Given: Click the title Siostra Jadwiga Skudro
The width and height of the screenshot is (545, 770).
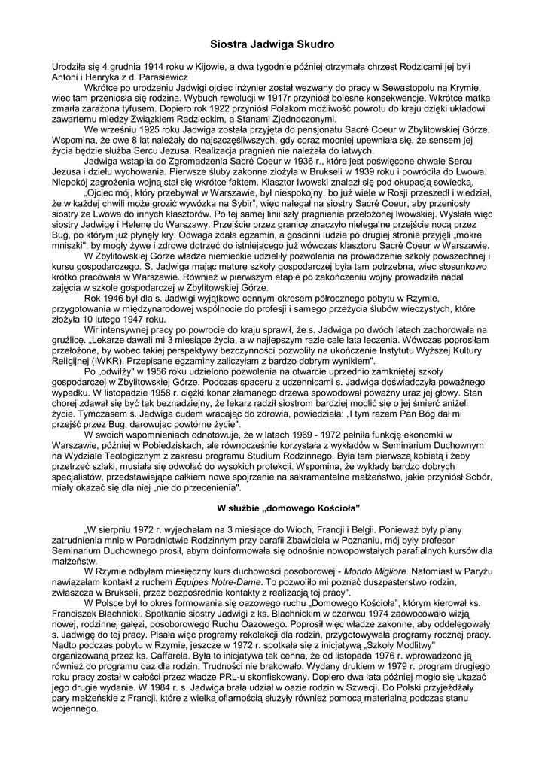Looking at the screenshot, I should click(x=272, y=46).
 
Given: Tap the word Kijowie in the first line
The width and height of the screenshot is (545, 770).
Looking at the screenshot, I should click(x=209, y=66).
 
